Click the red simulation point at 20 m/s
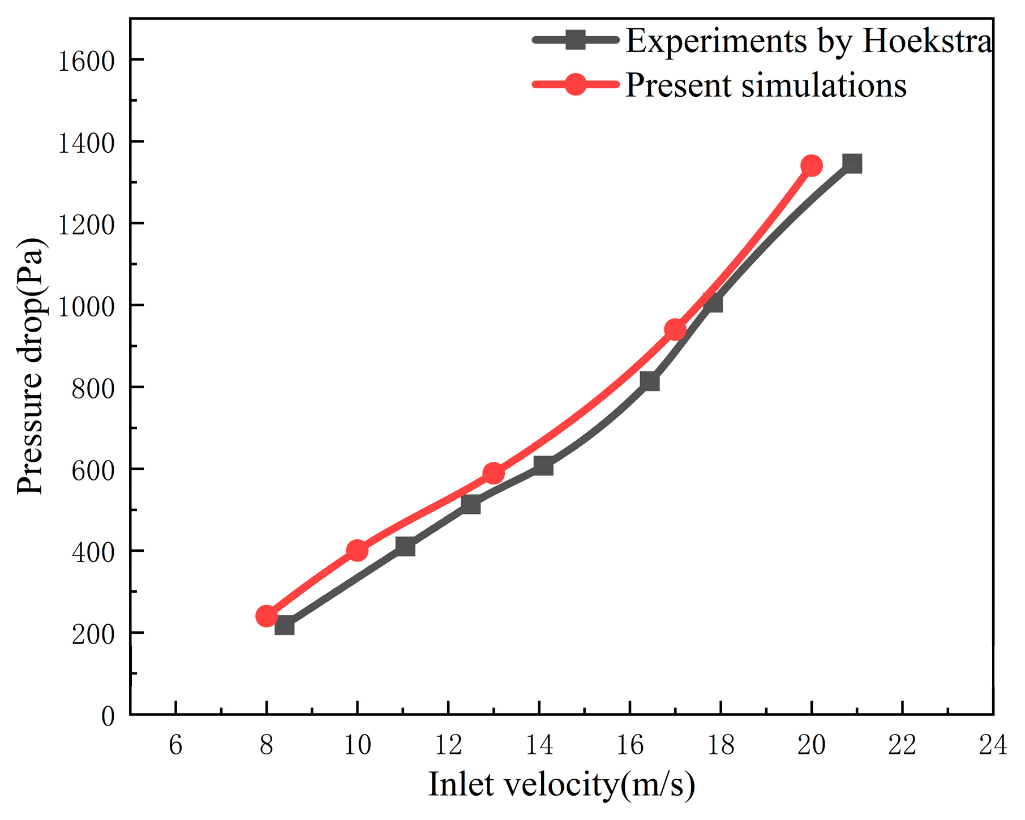[x=811, y=166]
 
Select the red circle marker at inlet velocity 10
[x=357, y=550]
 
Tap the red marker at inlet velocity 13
[x=493, y=473]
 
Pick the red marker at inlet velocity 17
[x=675, y=329]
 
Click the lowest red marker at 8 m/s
[x=266, y=616]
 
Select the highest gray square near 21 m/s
[x=852, y=164]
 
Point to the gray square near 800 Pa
[x=649, y=381]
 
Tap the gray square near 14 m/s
[x=543, y=466]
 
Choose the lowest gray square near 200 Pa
[x=284, y=626]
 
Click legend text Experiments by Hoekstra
[x=808, y=41]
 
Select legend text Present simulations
[x=765, y=85]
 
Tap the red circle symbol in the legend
[x=575, y=85]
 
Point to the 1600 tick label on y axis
[x=86, y=61]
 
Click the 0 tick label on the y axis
[x=108, y=716]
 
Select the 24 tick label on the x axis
[x=993, y=745]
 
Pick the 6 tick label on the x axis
[x=175, y=745]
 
